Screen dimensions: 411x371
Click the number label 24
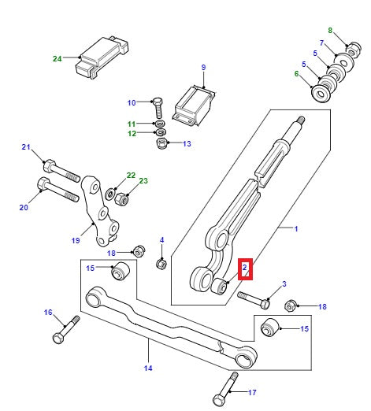(57, 58)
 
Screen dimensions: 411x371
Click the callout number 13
(187, 144)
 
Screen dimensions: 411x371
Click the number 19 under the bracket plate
(76, 242)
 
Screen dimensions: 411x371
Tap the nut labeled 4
(161, 263)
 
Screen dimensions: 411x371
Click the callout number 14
(148, 368)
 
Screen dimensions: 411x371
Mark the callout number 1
(296, 229)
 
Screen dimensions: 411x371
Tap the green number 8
(331, 31)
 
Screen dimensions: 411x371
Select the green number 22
(131, 175)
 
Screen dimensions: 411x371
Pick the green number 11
(132, 125)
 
